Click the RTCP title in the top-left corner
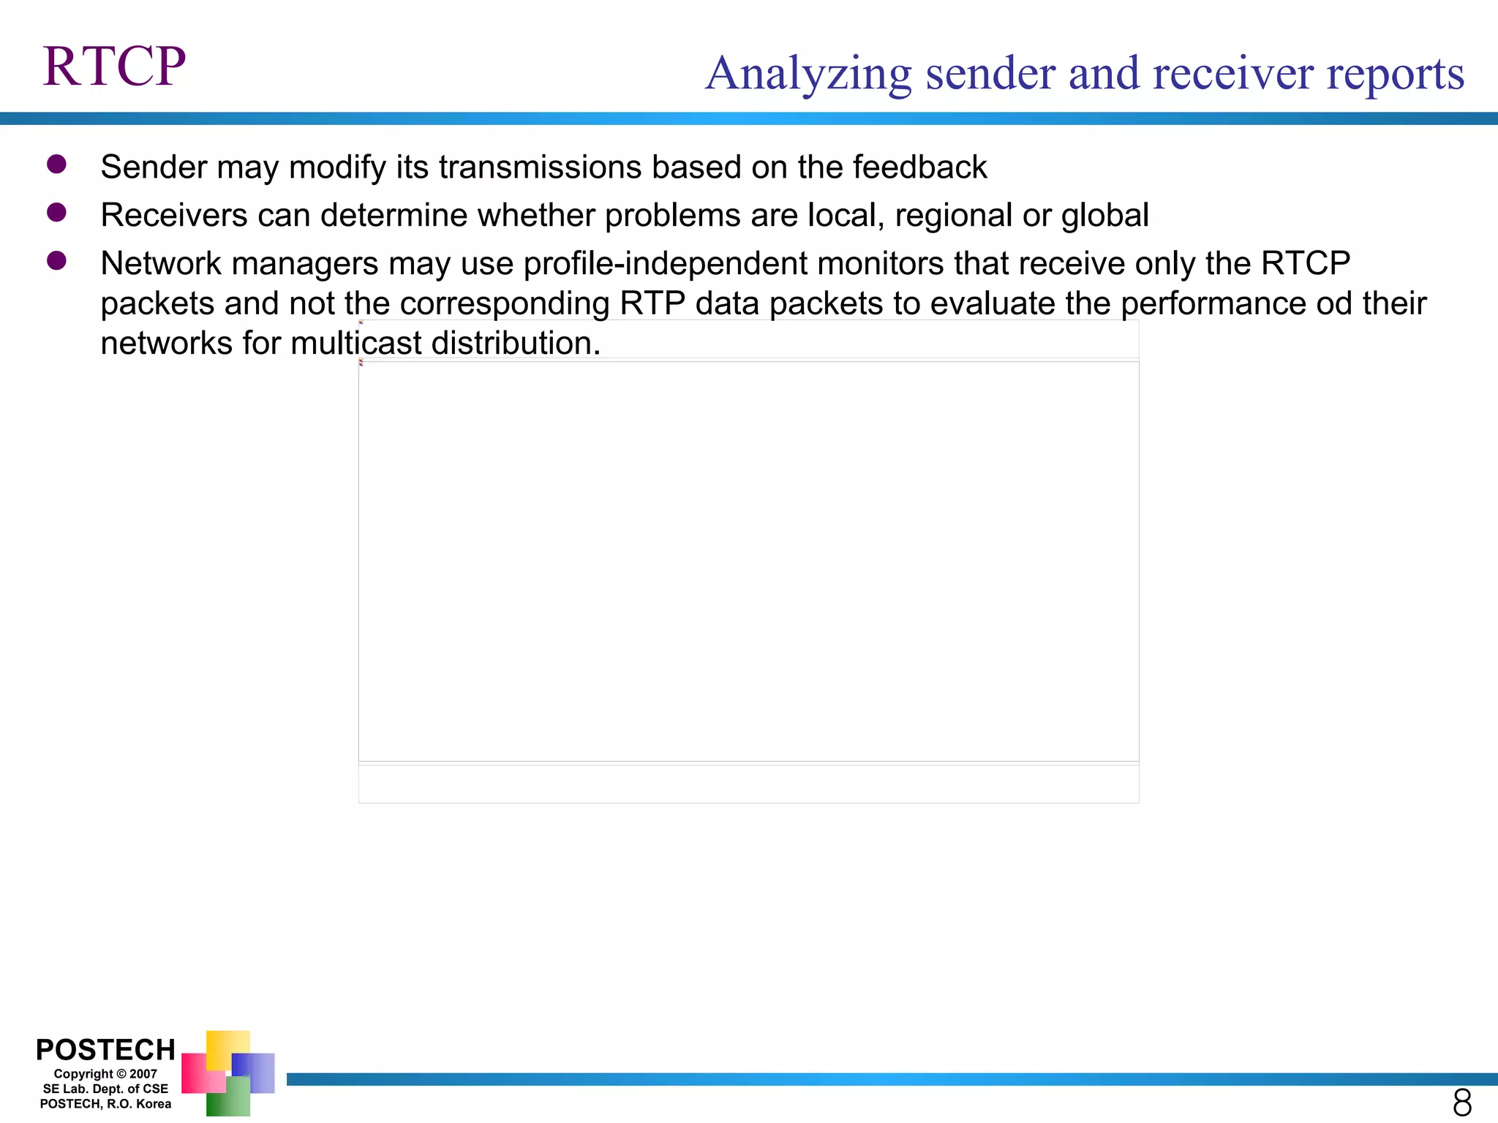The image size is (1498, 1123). [114, 67]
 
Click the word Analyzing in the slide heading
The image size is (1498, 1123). [808, 75]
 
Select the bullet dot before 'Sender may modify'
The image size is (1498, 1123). [56, 164]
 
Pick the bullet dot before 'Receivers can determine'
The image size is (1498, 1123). [56, 212]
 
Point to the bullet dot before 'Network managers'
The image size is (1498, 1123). [56, 260]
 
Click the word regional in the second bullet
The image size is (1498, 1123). [952, 216]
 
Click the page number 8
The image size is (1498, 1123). [1462, 1102]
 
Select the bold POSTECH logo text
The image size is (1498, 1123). [105, 1050]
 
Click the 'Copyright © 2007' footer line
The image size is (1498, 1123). [105, 1074]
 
